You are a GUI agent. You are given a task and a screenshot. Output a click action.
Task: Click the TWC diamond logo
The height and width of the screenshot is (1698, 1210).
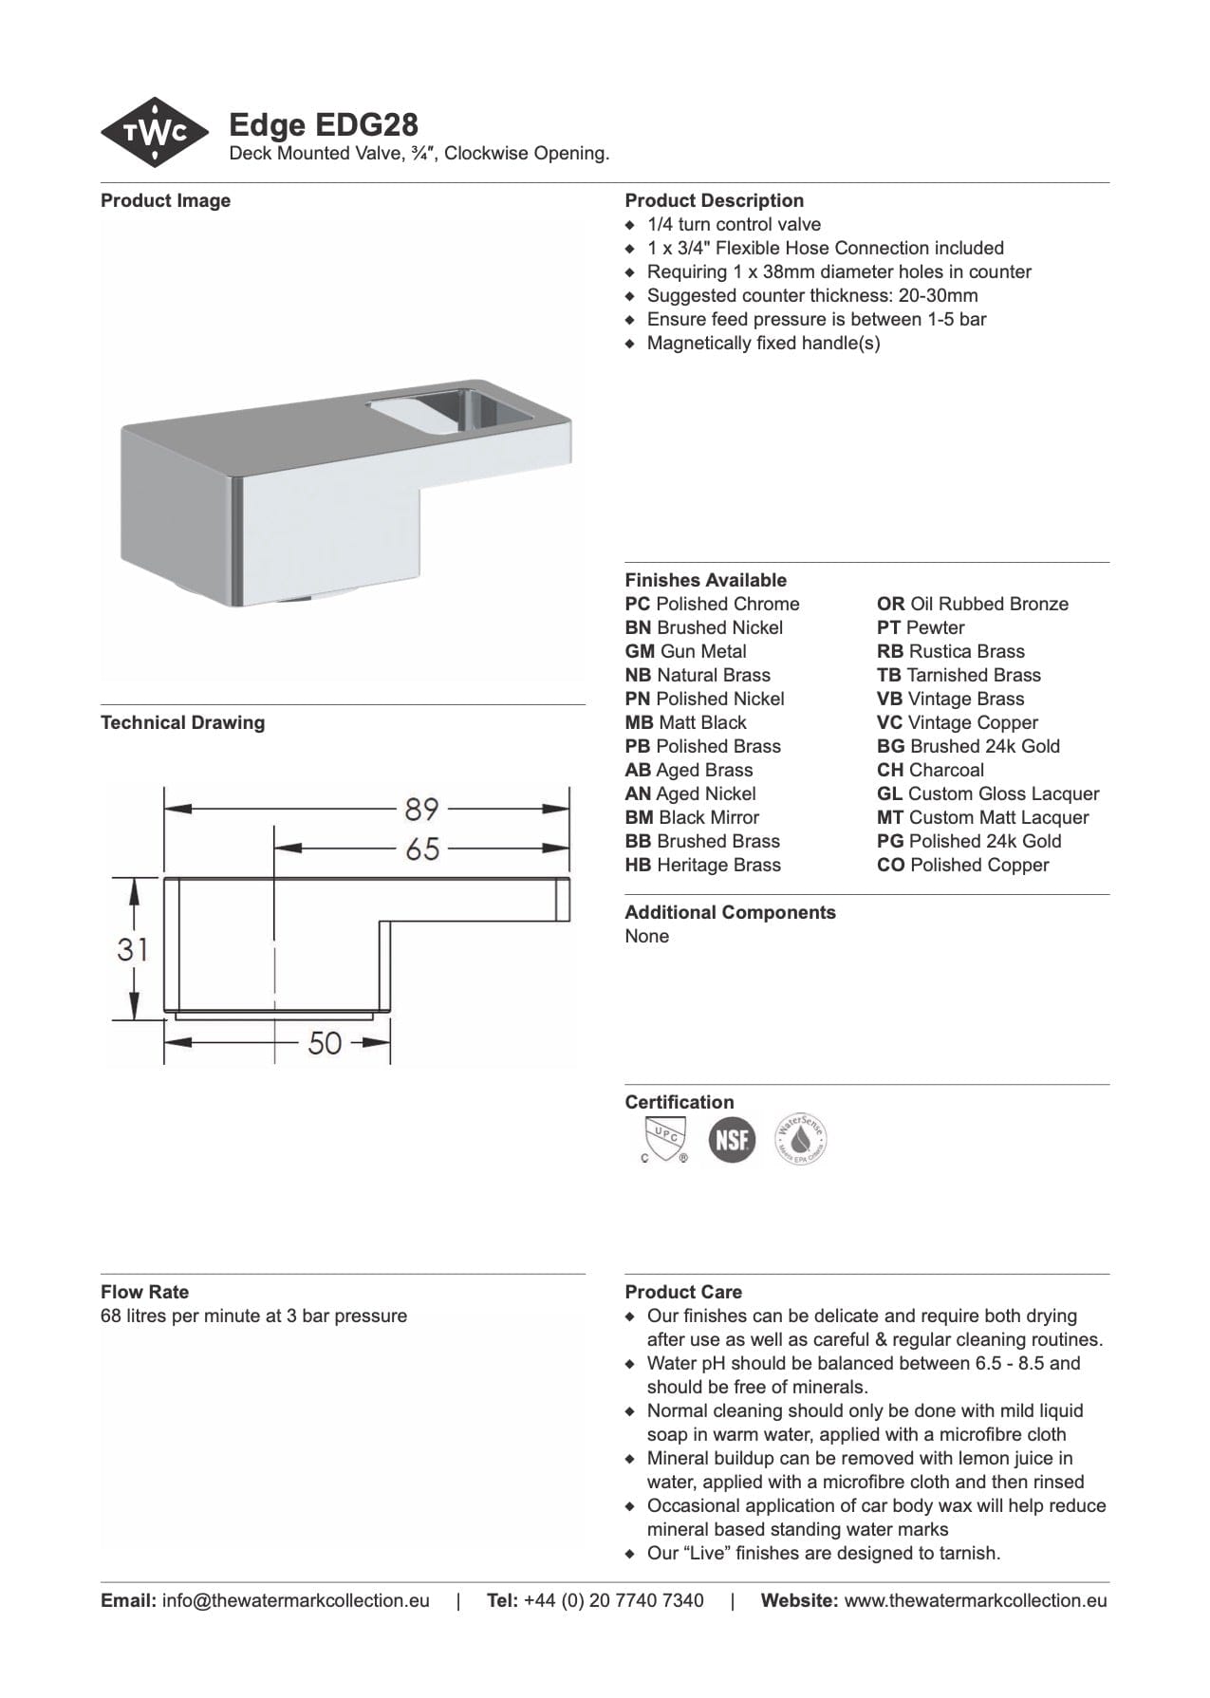155,133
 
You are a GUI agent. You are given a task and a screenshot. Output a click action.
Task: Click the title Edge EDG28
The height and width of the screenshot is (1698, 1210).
324,124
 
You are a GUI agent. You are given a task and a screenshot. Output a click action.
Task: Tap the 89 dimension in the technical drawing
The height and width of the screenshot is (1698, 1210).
421,810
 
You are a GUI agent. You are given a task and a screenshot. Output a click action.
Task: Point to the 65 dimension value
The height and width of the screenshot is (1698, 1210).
421,849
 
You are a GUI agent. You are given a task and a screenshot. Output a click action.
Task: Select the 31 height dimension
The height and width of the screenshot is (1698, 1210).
132,948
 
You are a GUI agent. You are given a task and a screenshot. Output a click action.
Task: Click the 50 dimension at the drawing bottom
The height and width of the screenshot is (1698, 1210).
325,1043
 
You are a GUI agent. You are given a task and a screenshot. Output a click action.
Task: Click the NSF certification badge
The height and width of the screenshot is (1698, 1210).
732,1139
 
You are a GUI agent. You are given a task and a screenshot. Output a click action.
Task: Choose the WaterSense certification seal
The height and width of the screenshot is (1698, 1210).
801,1139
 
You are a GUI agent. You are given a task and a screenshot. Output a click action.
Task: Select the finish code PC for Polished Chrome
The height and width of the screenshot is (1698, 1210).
638,605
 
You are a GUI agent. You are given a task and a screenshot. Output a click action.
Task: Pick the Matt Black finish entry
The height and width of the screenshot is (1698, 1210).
686,723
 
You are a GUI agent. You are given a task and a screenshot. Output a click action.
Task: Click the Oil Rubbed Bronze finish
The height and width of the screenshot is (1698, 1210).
973,605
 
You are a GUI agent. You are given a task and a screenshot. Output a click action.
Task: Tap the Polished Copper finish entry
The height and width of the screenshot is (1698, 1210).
963,866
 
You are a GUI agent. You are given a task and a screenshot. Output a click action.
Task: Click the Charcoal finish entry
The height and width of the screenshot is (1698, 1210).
930,771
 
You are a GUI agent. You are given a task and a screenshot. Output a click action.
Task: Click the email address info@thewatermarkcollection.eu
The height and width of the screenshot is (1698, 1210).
295,1601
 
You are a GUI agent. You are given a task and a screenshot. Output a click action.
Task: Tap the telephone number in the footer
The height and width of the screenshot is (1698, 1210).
613,1601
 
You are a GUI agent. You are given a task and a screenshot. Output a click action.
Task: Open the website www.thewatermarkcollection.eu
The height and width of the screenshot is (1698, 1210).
975,1601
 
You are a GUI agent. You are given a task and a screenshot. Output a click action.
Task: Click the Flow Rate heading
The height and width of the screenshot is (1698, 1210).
144,1292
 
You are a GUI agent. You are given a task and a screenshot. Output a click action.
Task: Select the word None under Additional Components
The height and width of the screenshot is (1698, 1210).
646,937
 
